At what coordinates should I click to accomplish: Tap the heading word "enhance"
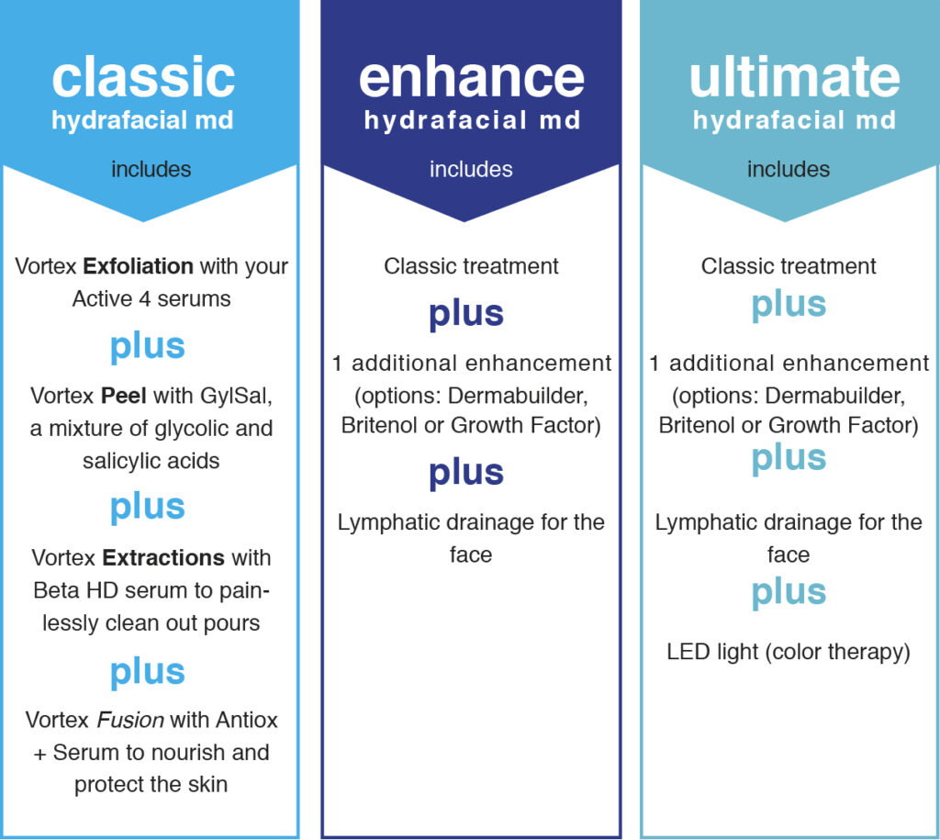point(471,78)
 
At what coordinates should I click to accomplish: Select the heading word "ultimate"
point(794,76)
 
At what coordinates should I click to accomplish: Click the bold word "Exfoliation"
point(138,265)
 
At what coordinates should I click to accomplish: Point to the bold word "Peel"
point(124,396)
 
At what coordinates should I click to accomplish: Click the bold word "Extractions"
point(163,557)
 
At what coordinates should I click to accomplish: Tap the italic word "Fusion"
point(130,720)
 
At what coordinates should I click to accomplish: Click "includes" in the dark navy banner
point(471,169)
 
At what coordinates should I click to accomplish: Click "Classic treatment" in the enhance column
point(471,265)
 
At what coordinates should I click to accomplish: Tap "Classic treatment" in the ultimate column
point(789,265)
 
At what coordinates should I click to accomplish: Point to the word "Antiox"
point(246,720)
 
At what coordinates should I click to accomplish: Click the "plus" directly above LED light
point(789,592)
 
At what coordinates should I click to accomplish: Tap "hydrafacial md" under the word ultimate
point(794,120)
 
